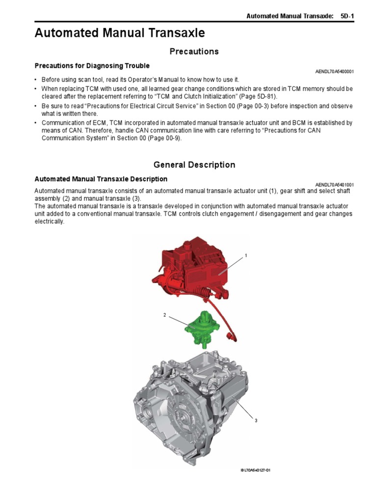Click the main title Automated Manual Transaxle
point(120,33)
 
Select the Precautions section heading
point(194,52)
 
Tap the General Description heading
point(194,165)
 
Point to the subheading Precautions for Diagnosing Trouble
point(92,66)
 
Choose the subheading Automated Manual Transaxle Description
point(101,179)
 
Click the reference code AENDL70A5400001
point(334,72)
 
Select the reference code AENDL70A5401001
point(334,185)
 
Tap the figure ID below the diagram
point(255,470)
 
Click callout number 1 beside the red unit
point(246,256)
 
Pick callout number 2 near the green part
point(164,315)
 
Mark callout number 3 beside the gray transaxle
point(256,421)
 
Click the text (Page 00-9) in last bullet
point(169,138)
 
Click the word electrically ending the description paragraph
point(50,222)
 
